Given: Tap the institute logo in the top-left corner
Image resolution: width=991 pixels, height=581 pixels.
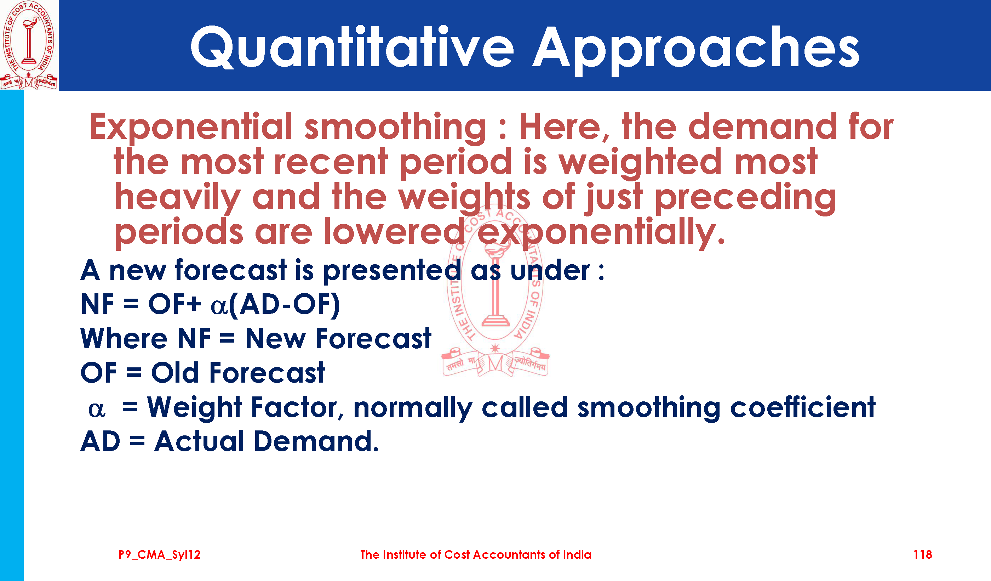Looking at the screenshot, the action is coord(29,45).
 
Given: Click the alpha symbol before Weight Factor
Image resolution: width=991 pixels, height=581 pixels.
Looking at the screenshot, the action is coord(97,410).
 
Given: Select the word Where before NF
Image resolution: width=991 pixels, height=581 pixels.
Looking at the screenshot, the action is coord(124,338).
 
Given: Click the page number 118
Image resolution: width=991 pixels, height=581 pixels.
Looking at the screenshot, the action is coord(923,555).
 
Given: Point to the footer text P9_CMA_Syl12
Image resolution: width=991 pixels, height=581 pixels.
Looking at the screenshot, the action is coord(160,555).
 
